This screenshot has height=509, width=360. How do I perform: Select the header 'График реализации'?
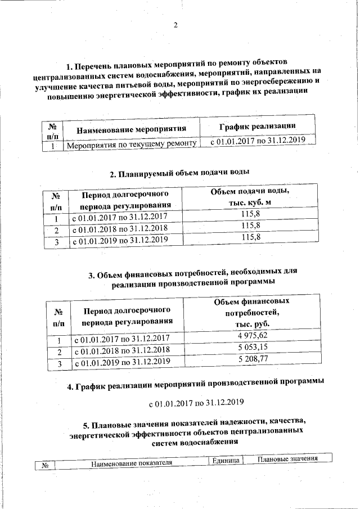(257, 127)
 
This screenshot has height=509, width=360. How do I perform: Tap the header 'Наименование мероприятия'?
(131, 129)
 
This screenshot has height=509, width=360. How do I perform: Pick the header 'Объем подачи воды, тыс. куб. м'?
(250, 197)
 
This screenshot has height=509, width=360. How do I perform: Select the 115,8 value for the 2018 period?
(250, 226)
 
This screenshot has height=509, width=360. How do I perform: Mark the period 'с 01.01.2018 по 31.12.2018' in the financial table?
(122, 351)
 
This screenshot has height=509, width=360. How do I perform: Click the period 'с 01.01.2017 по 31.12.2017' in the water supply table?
(119, 217)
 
